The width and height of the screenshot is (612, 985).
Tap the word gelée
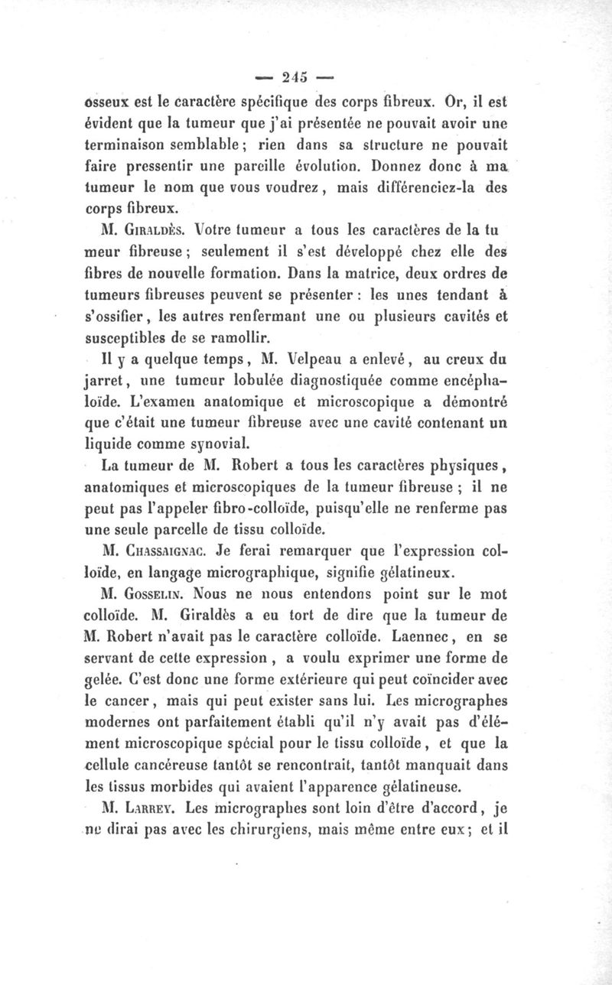point(103,677)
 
